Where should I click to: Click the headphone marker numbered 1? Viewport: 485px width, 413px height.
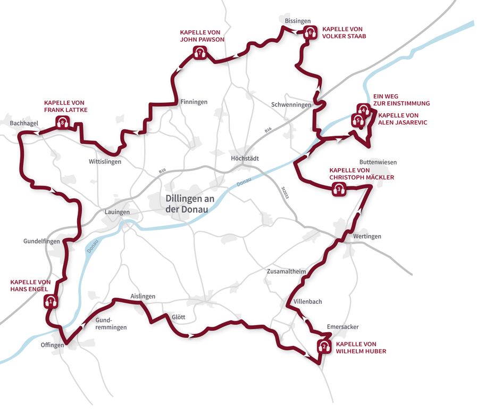(51, 302)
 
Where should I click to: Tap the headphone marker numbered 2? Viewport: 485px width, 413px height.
(323, 347)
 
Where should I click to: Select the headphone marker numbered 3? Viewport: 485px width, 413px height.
(339, 188)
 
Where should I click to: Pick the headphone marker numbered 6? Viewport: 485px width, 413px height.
(311, 32)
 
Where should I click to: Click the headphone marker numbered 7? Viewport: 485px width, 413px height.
(200, 53)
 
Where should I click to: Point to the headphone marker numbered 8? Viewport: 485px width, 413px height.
(63, 123)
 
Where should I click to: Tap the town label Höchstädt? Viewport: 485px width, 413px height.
(245, 158)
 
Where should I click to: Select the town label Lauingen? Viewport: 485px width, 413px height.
(117, 212)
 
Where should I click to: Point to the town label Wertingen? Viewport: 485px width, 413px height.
(367, 236)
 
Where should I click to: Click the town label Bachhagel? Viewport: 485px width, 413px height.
(24, 123)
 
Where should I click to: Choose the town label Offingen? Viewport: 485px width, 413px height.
(52, 345)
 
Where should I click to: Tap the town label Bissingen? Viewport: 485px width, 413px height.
(297, 21)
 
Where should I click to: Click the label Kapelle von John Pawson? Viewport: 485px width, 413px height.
(202, 36)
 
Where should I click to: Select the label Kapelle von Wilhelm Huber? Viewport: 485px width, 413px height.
(361, 348)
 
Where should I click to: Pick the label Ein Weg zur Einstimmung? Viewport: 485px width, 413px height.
(402, 100)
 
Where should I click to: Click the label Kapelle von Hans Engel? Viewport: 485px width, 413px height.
(31, 285)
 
